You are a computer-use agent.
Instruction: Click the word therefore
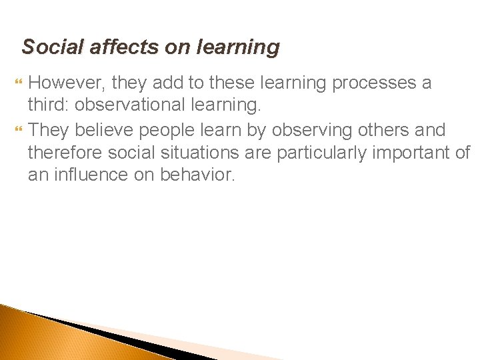click(65, 152)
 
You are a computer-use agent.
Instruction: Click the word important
click(414, 152)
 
